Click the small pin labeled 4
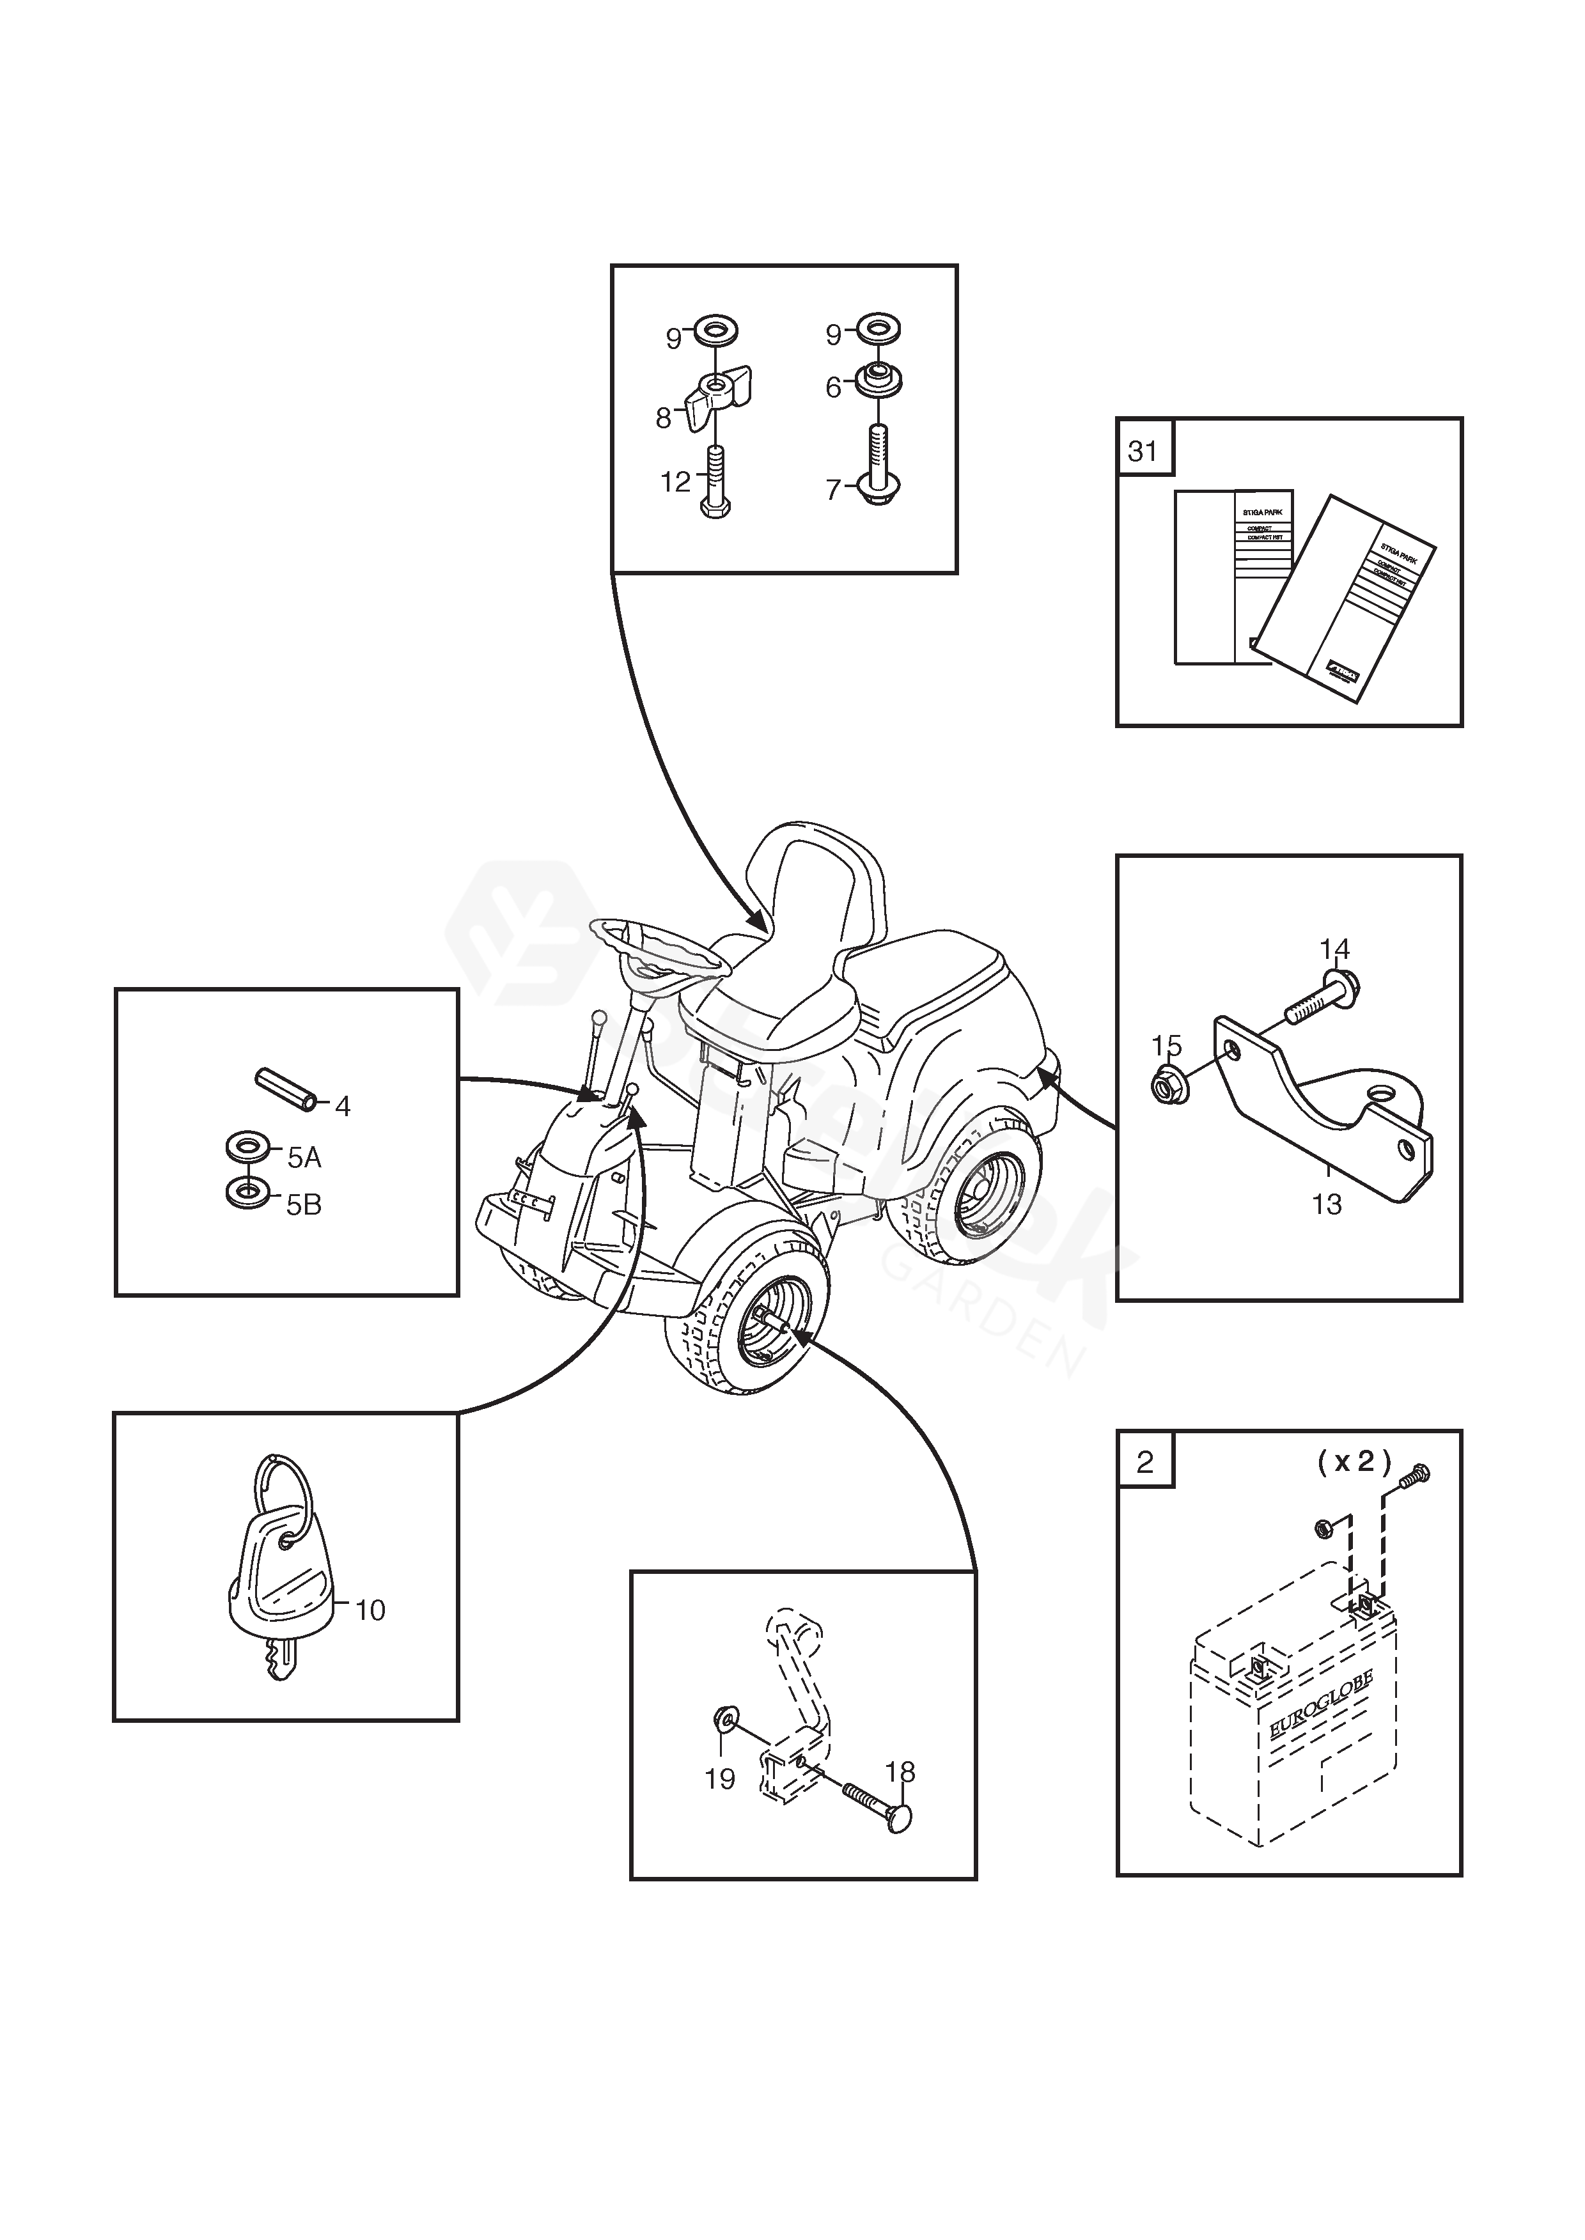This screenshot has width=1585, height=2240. [x=283, y=1090]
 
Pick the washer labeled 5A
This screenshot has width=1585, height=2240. [x=249, y=1146]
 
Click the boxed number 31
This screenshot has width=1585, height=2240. [x=1143, y=452]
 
